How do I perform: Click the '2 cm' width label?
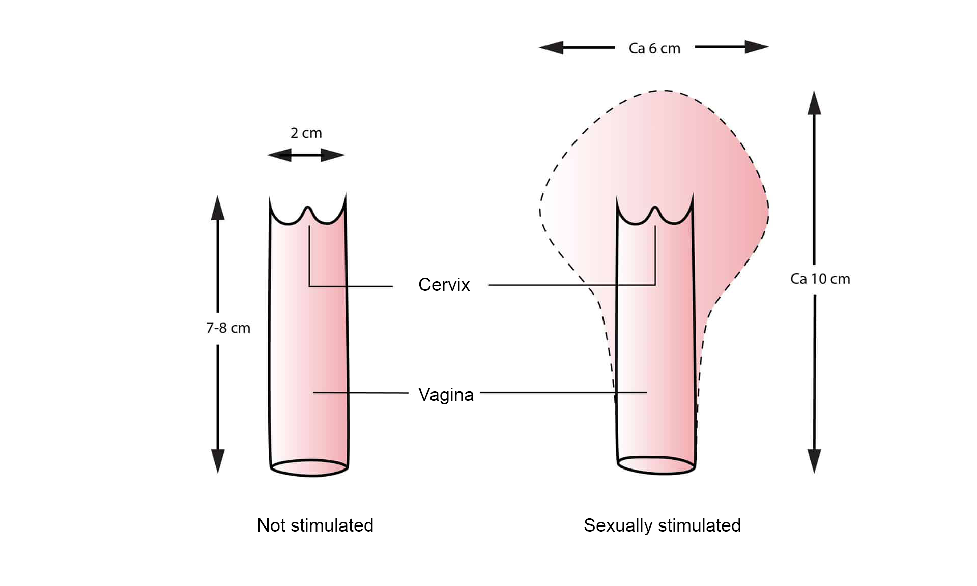pyautogui.click(x=306, y=133)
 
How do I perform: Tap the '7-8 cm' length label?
pyautogui.click(x=228, y=328)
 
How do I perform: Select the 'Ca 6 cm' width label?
pyautogui.click(x=654, y=48)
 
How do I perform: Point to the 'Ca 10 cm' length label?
pyautogui.click(x=820, y=279)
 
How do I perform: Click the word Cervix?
pyautogui.click(x=444, y=285)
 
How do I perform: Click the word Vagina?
pyautogui.click(x=446, y=395)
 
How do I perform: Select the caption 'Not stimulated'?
pyautogui.click(x=315, y=525)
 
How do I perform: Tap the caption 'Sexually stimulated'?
pyautogui.click(x=662, y=525)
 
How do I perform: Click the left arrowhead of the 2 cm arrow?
pyautogui.click(x=279, y=155)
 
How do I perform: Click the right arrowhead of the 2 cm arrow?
pyautogui.click(x=333, y=155)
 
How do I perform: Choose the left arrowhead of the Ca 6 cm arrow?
pyautogui.click(x=551, y=48)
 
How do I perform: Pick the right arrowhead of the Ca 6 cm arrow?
pyautogui.click(x=757, y=47)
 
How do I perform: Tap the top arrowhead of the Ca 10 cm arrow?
pyautogui.click(x=814, y=103)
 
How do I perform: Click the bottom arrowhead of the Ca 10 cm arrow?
pyautogui.click(x=814, y=461)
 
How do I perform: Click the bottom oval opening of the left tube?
pyautogui.click(x=309, y=476)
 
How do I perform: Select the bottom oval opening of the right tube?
pyautogui.click(x=656, y=474)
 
